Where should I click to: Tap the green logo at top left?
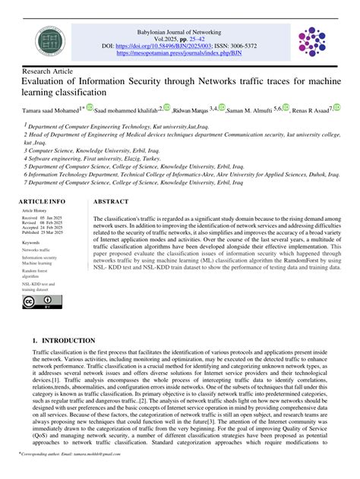42,41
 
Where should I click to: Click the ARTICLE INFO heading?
43,202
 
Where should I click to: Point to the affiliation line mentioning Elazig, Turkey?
91,160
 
